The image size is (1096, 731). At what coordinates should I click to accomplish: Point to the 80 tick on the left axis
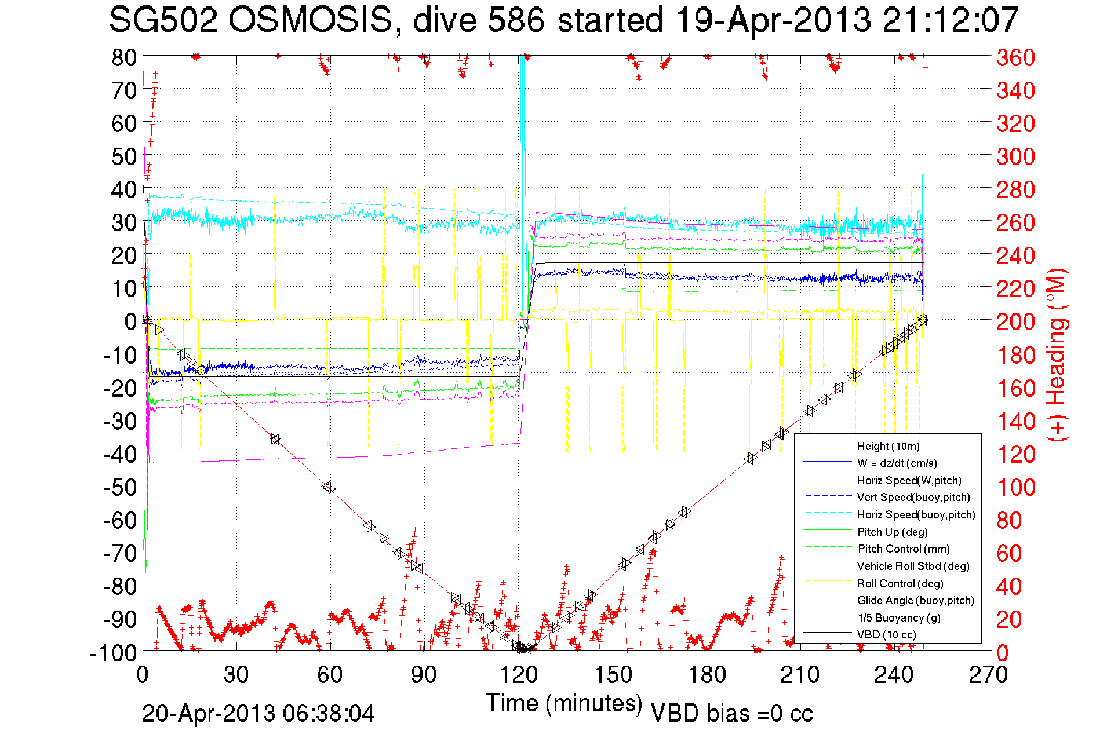coord(123,57)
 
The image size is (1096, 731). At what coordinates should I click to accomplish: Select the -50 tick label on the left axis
coord(119,487)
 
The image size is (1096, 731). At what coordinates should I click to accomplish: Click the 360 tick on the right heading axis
coord(1015,57)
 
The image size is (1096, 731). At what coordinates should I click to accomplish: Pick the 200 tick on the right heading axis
coord(1015,321)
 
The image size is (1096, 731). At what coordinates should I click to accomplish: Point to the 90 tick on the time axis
coord(424,674)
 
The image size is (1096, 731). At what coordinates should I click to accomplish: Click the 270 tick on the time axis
coord(988,674)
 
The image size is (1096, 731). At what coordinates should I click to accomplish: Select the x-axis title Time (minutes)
coord(564,703)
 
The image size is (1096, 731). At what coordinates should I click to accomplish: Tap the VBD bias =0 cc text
coord(731,714)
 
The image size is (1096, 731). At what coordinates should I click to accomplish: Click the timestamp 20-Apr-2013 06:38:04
coord(258,714)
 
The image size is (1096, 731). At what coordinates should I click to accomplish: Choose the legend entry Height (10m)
coord(888,446)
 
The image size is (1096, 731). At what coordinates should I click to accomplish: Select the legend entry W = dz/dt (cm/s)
coord(897,463)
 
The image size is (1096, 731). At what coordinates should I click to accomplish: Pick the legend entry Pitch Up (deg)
coord(892,532)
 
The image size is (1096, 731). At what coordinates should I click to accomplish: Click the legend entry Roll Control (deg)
coord(900,583)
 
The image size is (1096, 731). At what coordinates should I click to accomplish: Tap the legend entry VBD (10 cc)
coord(886,634)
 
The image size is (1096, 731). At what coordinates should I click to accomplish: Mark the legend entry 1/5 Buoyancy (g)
coord(898,617)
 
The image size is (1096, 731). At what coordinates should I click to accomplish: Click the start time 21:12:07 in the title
coord(950,21)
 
